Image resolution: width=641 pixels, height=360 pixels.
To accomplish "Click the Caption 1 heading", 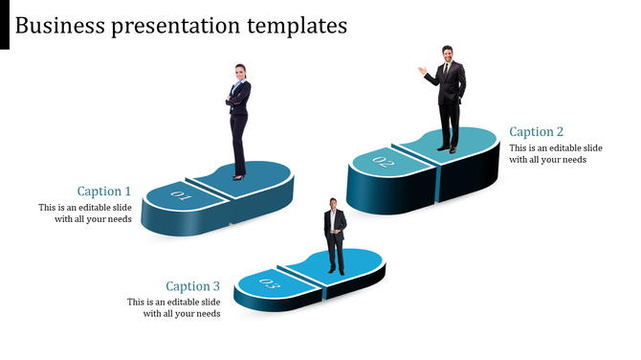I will click(x=104, y=191).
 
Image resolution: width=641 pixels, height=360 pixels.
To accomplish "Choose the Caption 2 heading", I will click(x=537, y=132).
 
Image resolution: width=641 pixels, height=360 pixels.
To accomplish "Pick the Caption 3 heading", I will click(x=193, y=286).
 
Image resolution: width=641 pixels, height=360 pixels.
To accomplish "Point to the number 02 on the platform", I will click(x=383, y=162).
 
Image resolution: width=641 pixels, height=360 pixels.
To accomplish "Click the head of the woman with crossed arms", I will click(x=239, y=72).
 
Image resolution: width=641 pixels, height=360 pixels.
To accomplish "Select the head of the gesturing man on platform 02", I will click(x=447, y=54).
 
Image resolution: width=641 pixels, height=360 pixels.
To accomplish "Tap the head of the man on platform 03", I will click(x=333, y=204).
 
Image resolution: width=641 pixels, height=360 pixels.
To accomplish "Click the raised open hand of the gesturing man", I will click(x=421, y=70).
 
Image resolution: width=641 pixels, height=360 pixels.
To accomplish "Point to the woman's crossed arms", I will click(x=236, y=98).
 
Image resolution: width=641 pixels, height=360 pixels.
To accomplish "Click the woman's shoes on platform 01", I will click(x=238, y=175).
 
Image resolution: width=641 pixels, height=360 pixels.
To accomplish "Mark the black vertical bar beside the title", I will click(x=5, y=24).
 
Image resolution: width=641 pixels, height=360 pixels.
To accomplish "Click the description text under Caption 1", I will click(x=85, y=214).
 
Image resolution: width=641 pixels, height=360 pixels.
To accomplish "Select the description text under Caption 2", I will click(x=555, y=154).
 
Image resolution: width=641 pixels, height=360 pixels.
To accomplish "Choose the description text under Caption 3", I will click(x=174, y=307).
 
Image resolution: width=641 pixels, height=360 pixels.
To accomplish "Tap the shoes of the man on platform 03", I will click(x=334, y=271).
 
